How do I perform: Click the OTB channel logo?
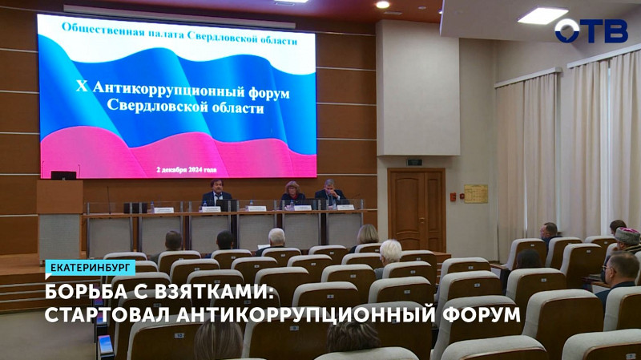[x=591, y=30]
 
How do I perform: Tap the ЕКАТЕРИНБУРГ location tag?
[x=89, y=268]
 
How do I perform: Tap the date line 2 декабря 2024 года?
[x=187, y=169]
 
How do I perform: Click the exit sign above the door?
[x=414, y=161]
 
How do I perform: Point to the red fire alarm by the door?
[x=453, y=195]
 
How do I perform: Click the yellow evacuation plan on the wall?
[x=475, y=193]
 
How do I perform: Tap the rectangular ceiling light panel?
[x=542, y=15]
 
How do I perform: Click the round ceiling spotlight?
[x=382, y=5]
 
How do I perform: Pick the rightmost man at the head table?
[x=329, y=192]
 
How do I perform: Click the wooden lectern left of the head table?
[x=60, y=216]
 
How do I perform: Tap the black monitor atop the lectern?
[x=63, y=174]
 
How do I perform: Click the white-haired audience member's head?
[x=390, y=251]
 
